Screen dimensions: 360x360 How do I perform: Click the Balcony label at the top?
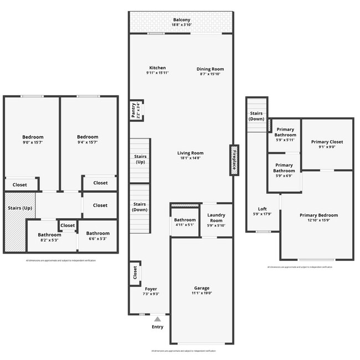pos(181,20)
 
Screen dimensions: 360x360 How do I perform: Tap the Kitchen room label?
pos(157,68)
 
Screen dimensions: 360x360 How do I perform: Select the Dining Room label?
pos(210,69)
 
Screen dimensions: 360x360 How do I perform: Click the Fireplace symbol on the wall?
pos(234,161)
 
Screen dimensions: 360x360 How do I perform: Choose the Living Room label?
pos(190,153)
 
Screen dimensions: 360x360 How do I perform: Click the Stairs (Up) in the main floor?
pos(140,160)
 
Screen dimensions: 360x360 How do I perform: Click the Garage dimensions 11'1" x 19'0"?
pos(202,294)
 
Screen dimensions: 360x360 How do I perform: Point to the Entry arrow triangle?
pos(157,319)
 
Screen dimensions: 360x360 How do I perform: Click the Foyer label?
pos(151,289)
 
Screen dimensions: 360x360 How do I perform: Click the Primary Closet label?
pos(327,141)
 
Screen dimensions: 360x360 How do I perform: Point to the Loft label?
pos(263,209)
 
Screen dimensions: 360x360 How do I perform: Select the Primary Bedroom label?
pos(318,215)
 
